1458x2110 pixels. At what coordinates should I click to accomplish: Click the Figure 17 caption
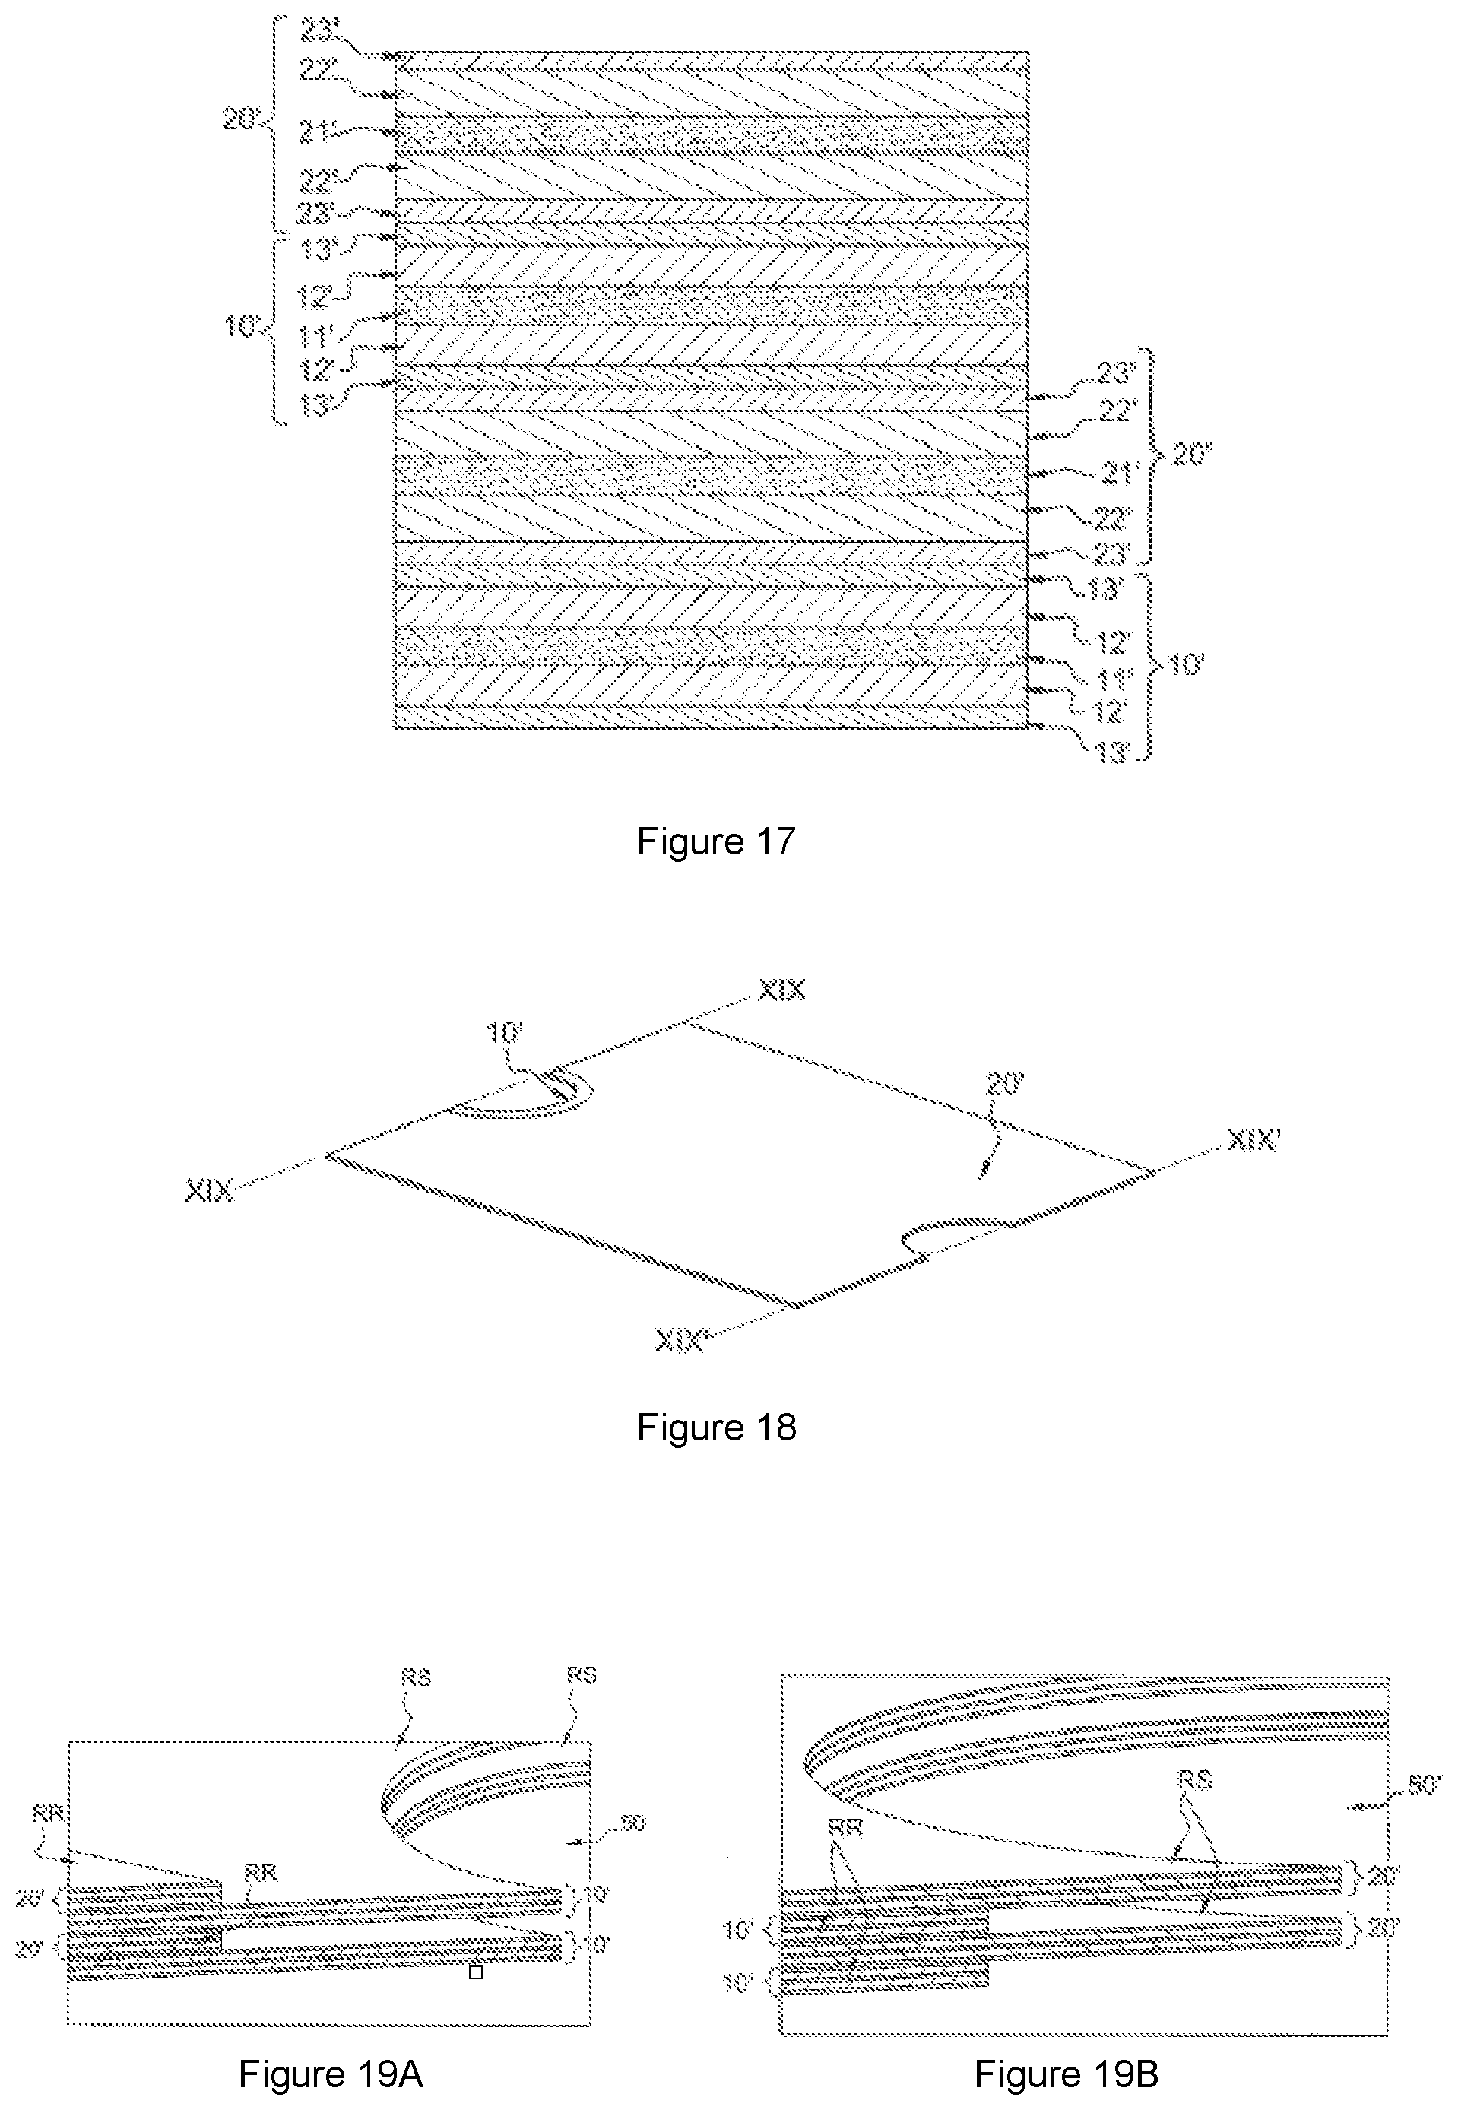click(x=715, y=841)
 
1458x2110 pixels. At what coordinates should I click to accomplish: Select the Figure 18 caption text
click(x=715, y=1427)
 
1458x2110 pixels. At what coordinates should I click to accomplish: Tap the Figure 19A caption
click(x=331, y=2074)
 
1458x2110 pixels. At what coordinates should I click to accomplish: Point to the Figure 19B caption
click(x=1066, y=2074)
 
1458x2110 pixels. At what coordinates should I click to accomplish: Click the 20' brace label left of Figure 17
click(x=241, y=118)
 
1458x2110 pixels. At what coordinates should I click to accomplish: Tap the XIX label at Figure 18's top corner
click(x=782, y=990)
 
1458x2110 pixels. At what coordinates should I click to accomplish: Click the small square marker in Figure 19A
click(x=475, y=1972)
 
